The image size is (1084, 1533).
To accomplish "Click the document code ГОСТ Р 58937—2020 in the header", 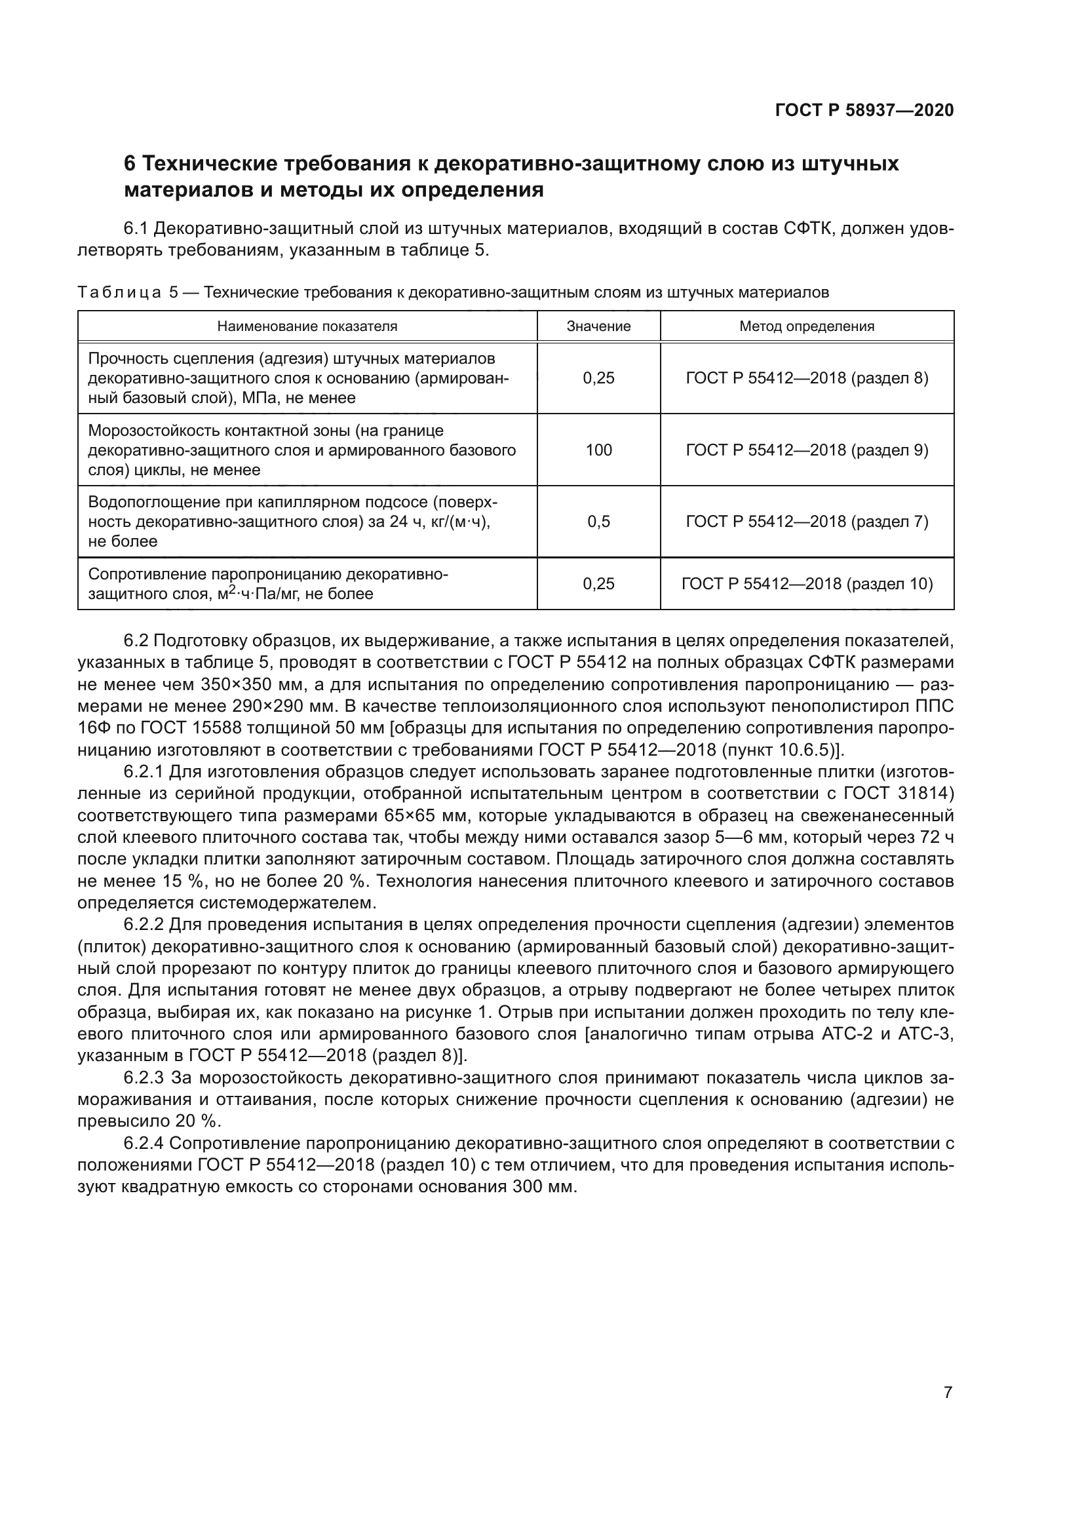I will click(x=864, y=110).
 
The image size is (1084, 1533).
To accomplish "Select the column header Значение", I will click(x=598, y=326).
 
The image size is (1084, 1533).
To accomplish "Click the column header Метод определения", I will click(x=806, y=326).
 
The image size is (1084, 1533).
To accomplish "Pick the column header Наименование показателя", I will click(x=307, y=326).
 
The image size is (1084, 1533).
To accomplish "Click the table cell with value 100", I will click(x=598, y=450).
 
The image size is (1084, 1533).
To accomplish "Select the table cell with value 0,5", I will click(x=598, y=522).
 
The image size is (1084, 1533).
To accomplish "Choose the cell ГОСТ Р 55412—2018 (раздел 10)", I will click(x=806, y=584).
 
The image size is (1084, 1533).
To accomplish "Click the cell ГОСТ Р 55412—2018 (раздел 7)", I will click(x=806, y=522).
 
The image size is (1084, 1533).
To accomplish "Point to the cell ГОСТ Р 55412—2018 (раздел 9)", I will click(x=806, y=450).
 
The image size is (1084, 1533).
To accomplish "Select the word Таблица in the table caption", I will click(x=119, y=292).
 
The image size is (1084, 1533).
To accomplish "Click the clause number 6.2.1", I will click(x=144, y=773).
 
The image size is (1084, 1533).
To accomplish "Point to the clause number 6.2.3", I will click(x=144, y=1077).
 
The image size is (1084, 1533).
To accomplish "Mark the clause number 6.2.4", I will click(x=144, y=1144).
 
